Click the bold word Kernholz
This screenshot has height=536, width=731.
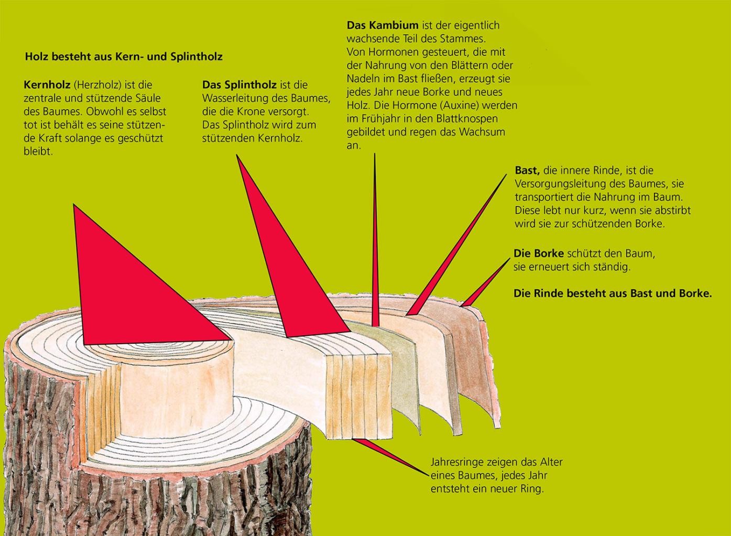[x=46, y=85]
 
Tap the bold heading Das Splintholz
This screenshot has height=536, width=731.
[x=239, y=85]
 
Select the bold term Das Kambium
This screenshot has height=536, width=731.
[x=383, y=25]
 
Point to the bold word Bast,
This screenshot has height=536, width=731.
[x=527, y=170]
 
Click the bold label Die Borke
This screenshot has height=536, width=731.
[x=539, y=254]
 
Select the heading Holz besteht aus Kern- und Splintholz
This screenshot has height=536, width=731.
[x=124, y=57]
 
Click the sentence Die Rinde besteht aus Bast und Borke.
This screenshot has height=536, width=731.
[x=613, y=293]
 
